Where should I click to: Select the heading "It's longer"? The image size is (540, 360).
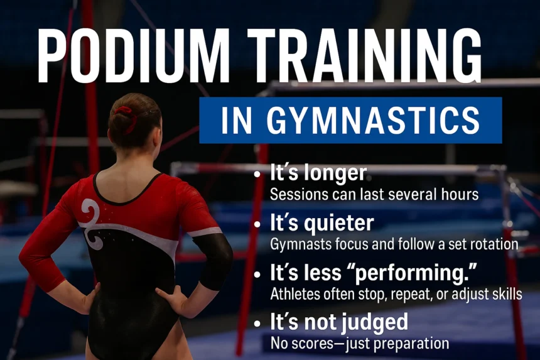click(318, 174)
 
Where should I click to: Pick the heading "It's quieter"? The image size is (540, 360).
click(322, 222)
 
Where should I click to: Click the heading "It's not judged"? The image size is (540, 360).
click(339, 322)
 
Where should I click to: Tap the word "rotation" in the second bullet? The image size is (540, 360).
click(496, 244)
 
